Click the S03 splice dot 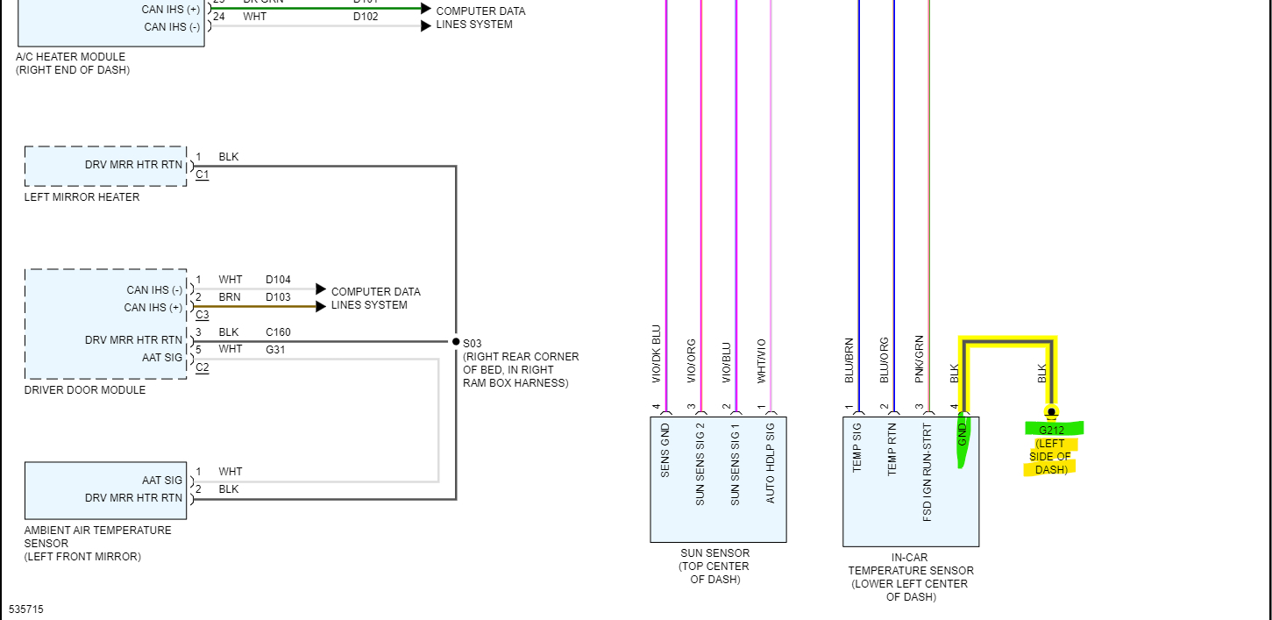(456, 341)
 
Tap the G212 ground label (1051, 430)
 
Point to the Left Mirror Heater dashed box (106, 166)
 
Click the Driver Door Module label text (85, 390)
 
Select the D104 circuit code (278, 280)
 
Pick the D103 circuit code (278, 297)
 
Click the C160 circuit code (278, 332)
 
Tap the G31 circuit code (275, 350)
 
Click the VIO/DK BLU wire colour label (657, 354)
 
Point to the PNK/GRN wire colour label (919, 359)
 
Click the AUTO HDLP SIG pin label (771, 463)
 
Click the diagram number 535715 (26, 609)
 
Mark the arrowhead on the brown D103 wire (321, 306)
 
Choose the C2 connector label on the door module (203, 367)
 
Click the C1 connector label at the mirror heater (203, 175)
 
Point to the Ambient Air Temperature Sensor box (105, 490)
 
